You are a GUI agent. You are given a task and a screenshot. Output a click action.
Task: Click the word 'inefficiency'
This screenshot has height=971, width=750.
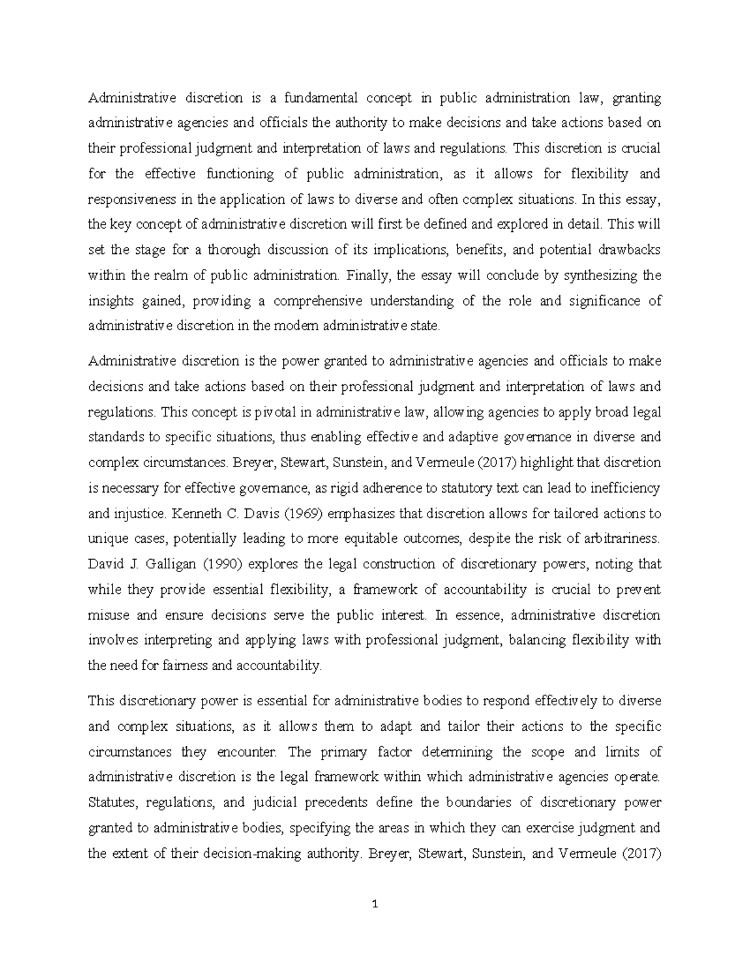(x=627, y=488)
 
